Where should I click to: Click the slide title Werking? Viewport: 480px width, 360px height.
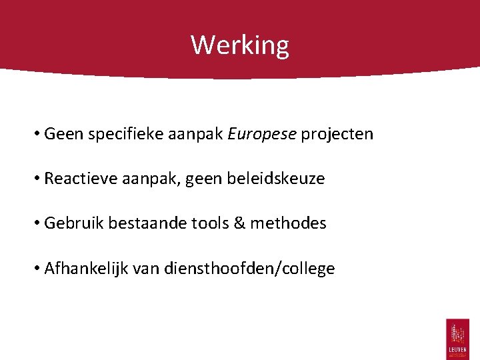tap(240, 45)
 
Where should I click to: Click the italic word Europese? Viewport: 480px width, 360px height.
tap(262, 134)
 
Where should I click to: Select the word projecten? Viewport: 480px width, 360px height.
tap(337, 134)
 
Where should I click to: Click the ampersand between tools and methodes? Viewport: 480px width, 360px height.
tap(239, 223)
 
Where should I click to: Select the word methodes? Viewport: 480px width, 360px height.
tap(289, 223)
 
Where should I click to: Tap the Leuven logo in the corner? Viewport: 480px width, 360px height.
tap(457, 338)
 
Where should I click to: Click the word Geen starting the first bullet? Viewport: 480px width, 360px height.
tap(61, 134)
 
